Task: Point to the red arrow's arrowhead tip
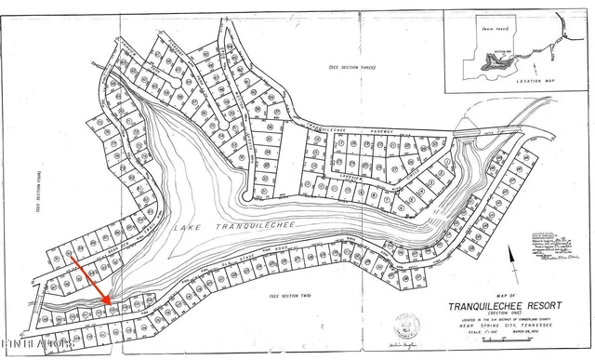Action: click(x=111, y=304)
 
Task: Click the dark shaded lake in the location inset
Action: click(x=501, y=66)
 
